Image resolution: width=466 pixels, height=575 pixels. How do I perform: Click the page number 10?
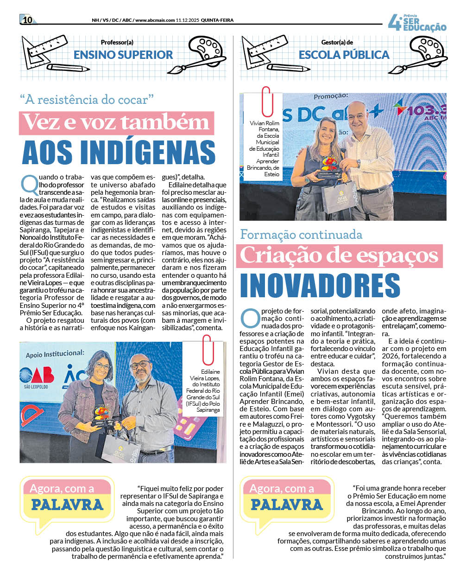[27, 19]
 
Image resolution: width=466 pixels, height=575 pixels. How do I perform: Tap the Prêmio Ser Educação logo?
[417, 23]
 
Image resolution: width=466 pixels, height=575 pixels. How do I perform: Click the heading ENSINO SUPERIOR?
[123, 55]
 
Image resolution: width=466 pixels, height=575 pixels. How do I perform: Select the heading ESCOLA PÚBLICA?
[344, 55]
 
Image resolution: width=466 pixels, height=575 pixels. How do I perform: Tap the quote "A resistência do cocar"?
[87, 99]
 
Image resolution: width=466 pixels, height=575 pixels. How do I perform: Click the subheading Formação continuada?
[301, 234]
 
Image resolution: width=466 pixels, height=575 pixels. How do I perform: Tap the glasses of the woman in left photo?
[102, 366]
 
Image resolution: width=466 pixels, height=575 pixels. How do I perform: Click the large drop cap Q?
[28, 183]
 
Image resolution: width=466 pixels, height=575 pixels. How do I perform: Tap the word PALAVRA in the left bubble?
[67, 505]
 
